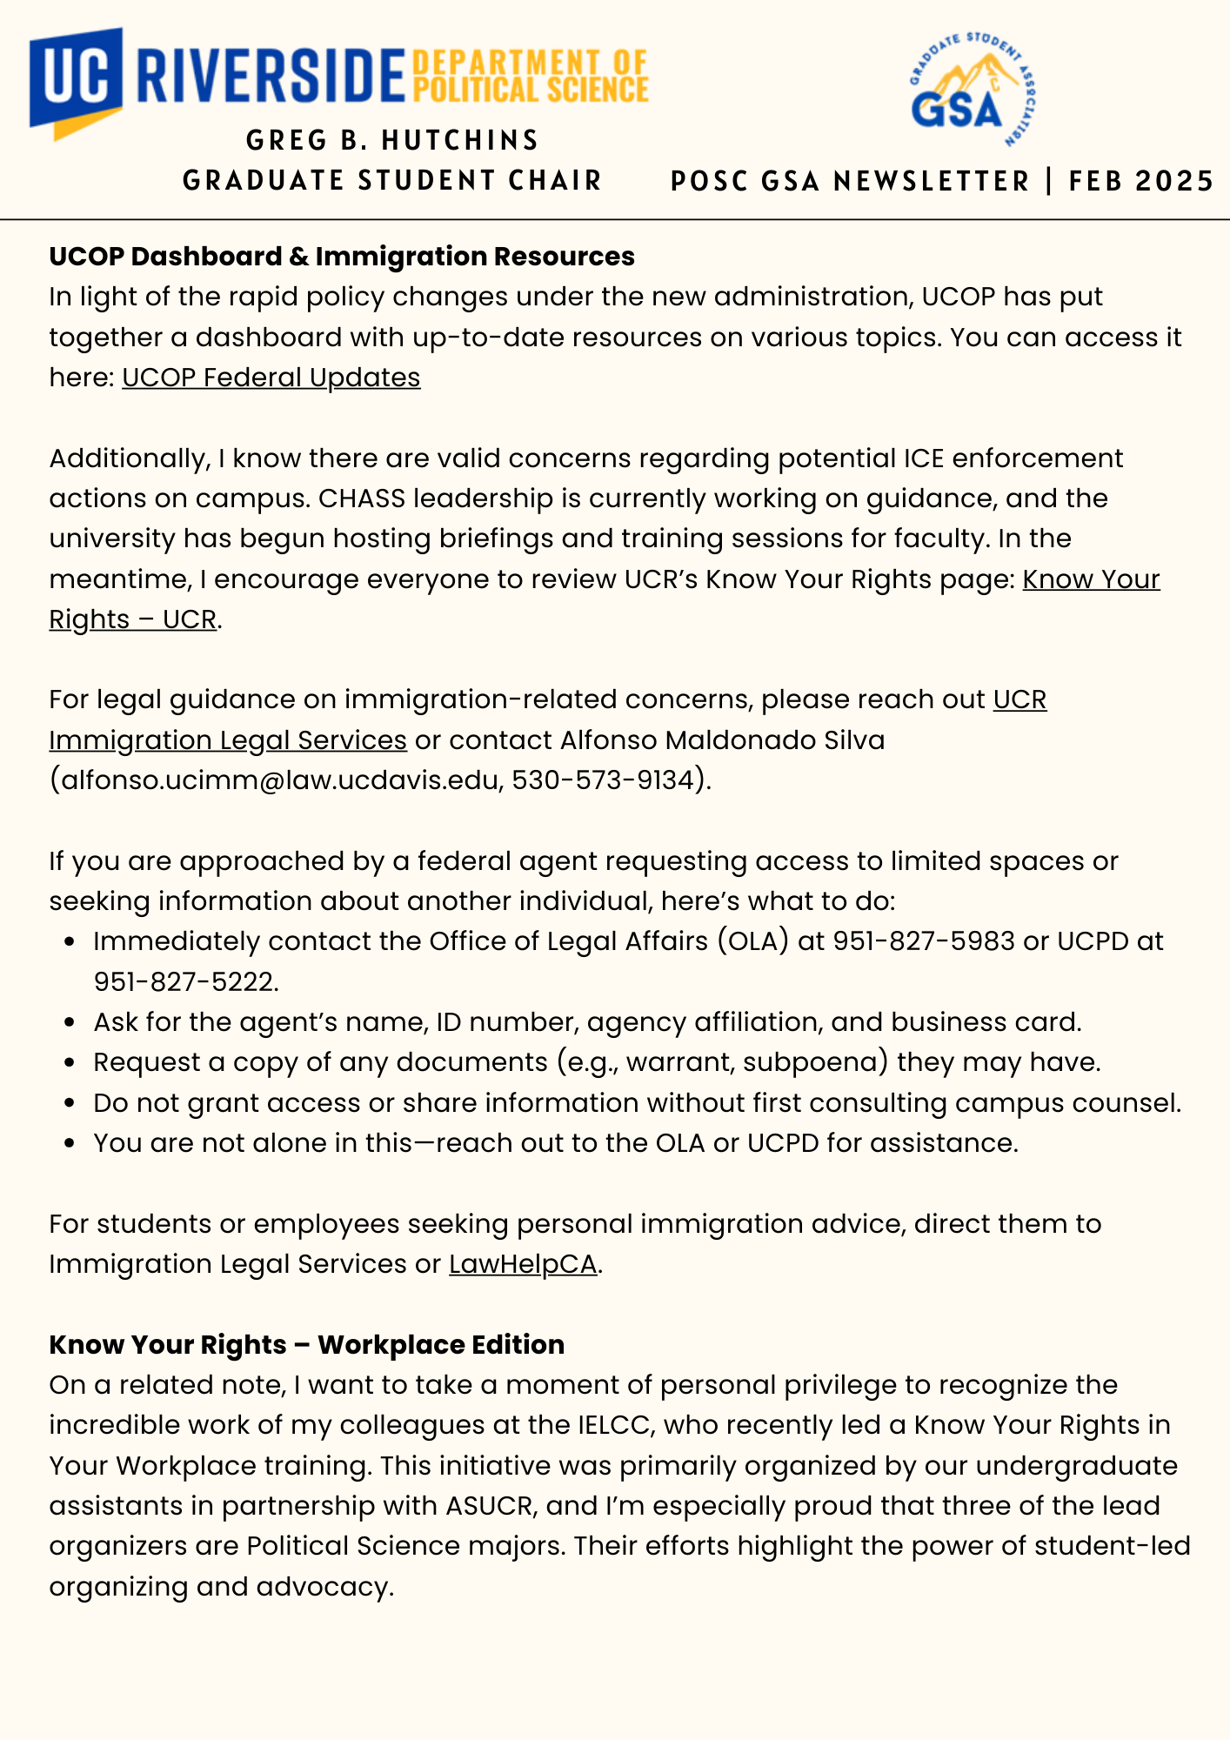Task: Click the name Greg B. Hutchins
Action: click(x=392, y=140)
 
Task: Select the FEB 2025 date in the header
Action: click(x=1141, y=181)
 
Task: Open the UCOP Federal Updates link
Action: click(x=271, y=378)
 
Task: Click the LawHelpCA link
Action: click(x=523, y=1264)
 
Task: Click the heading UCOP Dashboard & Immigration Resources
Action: click(x=342, y=257)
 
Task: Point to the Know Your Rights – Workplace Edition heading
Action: click(x=306, y=1345)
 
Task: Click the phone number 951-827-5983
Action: click(x=924, y=941)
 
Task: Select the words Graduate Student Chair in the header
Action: click(x=392, y=181)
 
